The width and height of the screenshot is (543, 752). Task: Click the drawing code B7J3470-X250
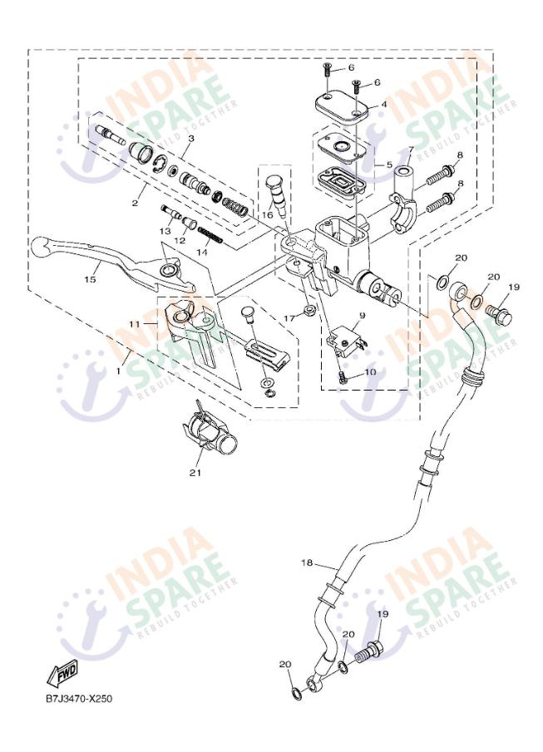[x=79, y=698]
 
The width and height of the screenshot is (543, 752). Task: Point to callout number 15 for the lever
[x=90, y=279]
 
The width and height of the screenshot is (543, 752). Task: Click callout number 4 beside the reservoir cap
[x=383, y=106]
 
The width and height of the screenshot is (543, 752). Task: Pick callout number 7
[x=410, y=150]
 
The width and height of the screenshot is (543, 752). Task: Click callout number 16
[x=268, y=214]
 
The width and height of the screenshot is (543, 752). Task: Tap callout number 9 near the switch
[x=363, y=317]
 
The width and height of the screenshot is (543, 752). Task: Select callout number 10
[x=369, y=372]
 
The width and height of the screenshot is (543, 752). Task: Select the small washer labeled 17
[x=309, y=311]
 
